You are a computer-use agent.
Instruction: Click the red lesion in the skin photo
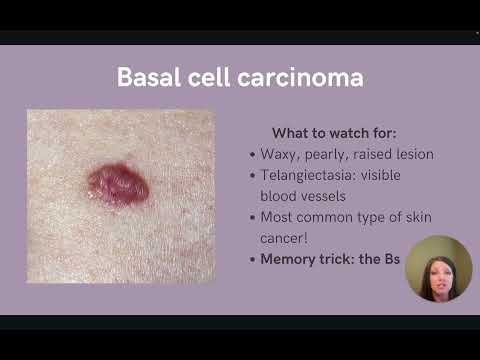[118, 184]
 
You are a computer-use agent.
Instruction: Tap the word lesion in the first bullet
[412, 155]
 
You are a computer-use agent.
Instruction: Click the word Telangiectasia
[311, 175]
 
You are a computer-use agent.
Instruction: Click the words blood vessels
[304, 195]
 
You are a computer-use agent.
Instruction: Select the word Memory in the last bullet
[288, 258]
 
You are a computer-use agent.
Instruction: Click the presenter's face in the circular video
[437, 268]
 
